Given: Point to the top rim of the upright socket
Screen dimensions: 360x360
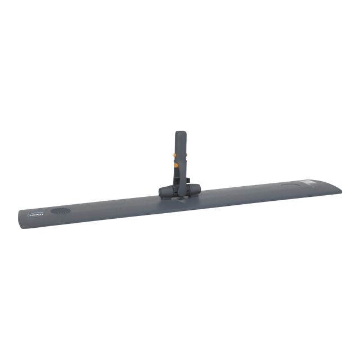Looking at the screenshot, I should [x=180, y=133].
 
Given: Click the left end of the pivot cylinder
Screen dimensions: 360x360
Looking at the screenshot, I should [x=161, y=192].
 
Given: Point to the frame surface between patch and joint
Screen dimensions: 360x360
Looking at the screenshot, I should [x=112, y=206].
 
